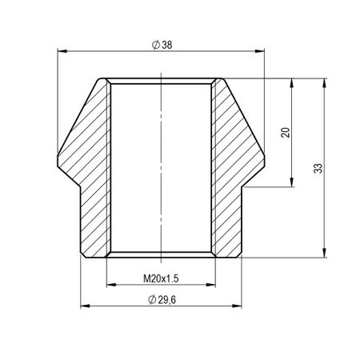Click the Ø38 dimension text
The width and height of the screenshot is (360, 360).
(x=162, y=45)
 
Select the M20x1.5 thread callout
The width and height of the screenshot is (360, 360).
(x=161, y=279)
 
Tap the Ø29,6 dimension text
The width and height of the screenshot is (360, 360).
(x=162, y=300)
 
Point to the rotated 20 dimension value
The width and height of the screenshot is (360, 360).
(x=285, y=133)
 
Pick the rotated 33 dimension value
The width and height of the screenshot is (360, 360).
(x=318, y=168)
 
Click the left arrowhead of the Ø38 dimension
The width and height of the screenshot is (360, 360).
(x=62, y=52)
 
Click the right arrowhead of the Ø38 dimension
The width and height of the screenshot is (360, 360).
(x=260, y=52)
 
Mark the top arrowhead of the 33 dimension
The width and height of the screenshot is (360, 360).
(x=326, y=82)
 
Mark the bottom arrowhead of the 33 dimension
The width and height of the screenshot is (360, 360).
(x=326, y=254)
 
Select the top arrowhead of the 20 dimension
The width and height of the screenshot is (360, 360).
(x=292, y=82)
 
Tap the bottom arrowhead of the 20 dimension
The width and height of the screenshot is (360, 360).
(x=292, y=183)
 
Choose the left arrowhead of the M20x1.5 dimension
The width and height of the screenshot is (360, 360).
(x=110, y=286)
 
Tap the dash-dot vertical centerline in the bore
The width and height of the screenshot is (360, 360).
(x=162, y=160)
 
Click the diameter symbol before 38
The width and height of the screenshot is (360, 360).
(x=154, y=45)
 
